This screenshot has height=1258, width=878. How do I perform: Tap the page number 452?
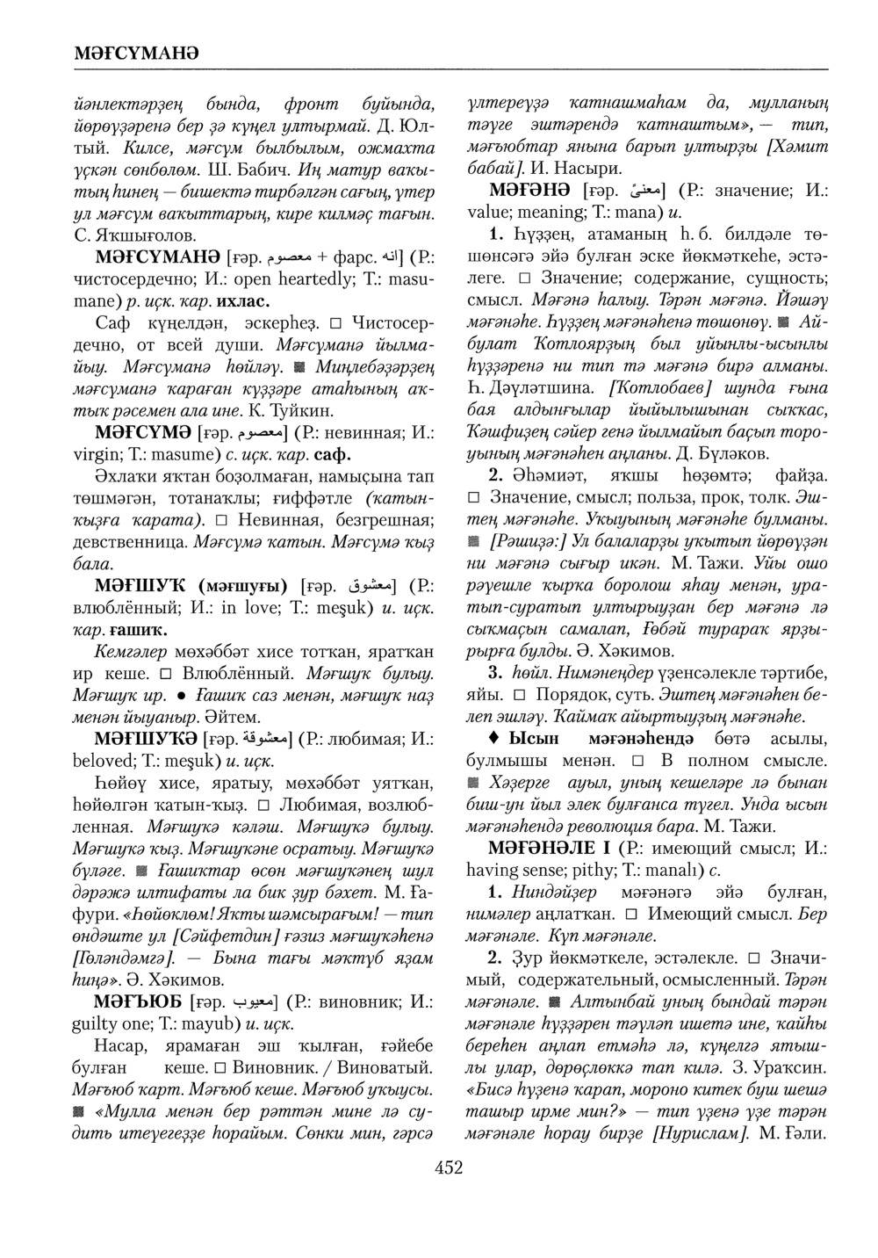point(448,1168)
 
